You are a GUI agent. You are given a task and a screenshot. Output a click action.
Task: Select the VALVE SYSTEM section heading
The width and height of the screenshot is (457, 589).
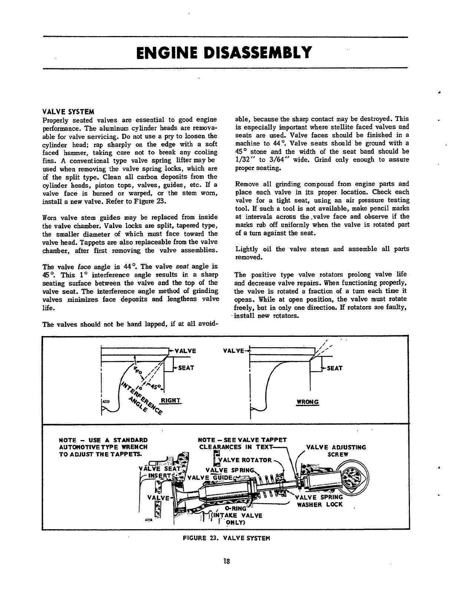coord(69,112)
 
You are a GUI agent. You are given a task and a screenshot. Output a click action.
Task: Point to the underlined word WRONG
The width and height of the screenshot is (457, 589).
coord(308,402)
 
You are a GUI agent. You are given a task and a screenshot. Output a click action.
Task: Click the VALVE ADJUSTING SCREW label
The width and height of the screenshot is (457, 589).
coord(336,450)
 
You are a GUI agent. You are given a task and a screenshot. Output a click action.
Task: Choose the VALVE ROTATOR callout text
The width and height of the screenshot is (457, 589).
coord(245,460)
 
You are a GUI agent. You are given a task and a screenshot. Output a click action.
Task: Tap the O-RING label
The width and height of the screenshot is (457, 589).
coord(236,509)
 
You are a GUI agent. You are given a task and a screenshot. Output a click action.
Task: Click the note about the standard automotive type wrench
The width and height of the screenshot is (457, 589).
coord(103,447)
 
